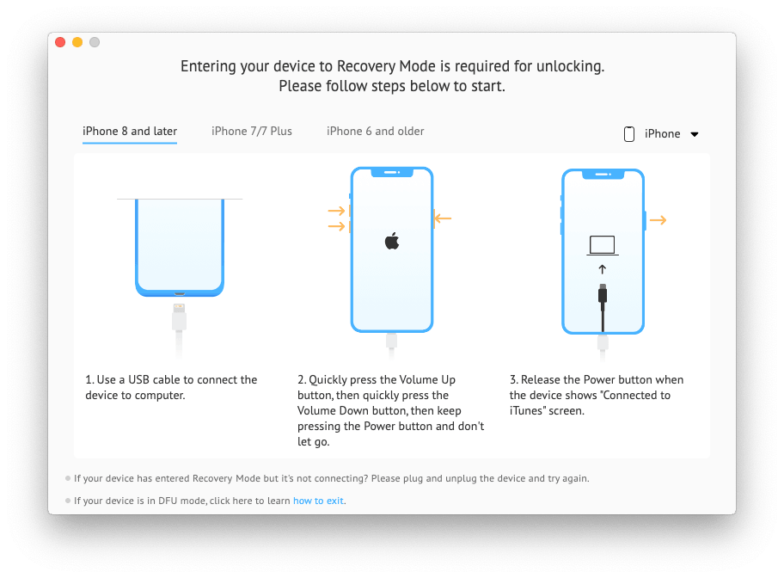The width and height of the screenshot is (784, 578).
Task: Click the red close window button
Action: point(60,42)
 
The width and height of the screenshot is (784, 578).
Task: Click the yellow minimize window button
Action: point(77,42)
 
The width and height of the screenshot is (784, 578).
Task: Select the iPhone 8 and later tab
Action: point(130,132)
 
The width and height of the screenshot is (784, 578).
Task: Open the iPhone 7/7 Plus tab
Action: point(252,132)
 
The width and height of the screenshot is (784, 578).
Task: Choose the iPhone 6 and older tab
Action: point(376,132)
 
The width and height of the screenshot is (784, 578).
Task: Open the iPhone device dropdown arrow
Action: point(695,134)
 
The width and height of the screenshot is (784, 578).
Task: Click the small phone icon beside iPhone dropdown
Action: point(629,133)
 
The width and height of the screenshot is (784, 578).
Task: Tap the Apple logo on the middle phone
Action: point(392,241)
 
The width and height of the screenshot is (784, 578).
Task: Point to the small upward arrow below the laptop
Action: point(603,269)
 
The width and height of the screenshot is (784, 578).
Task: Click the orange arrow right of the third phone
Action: point(658,220)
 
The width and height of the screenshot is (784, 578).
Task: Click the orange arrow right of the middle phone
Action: point(443,219)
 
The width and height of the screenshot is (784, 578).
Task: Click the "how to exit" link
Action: point(319,501)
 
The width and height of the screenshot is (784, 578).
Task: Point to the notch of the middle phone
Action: point(392,172)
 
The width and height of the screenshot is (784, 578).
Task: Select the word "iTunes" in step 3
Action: point(526,411)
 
